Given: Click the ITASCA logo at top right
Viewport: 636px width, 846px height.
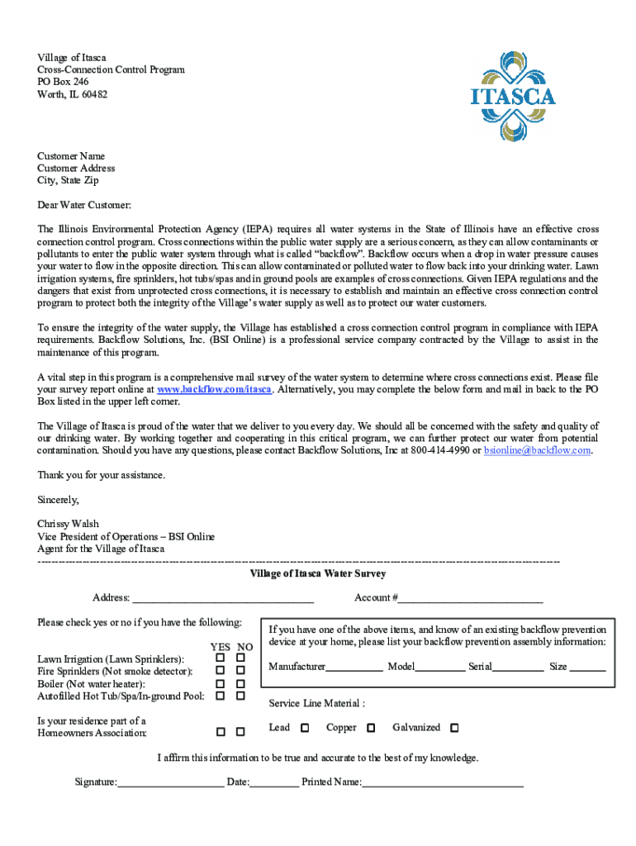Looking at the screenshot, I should [513, 96].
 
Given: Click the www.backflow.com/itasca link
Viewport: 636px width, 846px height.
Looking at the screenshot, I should [215, 389].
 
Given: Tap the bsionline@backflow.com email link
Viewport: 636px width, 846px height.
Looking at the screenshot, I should [538, 450].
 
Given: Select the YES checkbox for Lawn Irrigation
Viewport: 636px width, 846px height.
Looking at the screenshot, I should [221, 658].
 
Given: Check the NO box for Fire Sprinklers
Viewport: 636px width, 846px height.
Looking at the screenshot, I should [240, 671].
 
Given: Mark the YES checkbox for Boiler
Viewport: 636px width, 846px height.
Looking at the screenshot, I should [221, 684].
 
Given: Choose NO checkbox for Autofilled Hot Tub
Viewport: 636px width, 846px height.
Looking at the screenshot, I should [240, 696].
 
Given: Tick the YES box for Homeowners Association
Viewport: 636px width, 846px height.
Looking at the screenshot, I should [221, 732].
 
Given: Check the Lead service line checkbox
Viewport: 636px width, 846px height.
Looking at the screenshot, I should [305, 728].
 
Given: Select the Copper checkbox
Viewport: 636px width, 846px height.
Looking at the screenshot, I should [371, 728].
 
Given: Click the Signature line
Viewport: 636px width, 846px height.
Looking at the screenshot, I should [170, 782].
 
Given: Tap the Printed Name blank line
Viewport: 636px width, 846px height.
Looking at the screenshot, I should [443, 782].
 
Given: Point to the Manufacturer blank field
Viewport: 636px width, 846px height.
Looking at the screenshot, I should [354, 668].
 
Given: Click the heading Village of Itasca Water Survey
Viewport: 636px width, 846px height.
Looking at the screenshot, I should [318, 573].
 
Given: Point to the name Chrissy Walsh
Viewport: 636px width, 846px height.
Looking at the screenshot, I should [69, 524].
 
